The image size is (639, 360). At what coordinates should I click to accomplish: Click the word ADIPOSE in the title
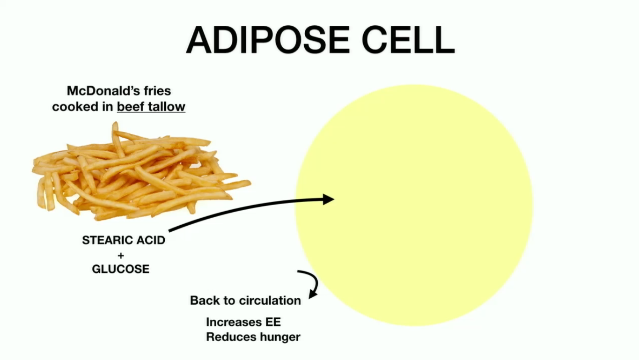268,40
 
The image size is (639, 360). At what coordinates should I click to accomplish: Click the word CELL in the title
408,40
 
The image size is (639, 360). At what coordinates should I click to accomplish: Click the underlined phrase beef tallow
151,107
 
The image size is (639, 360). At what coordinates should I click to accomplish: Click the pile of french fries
141,171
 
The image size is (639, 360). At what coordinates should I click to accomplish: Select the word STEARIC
107,240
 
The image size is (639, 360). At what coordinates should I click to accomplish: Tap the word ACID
151,240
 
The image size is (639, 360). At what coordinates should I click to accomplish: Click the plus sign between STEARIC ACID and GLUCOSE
121,255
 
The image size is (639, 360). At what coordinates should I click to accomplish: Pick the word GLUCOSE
121,269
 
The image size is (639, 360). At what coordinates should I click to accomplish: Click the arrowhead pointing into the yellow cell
328,199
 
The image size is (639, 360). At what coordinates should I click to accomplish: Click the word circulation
270,301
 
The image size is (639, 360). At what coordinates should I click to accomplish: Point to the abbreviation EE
273,322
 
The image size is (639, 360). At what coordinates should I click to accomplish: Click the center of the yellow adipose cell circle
414,205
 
